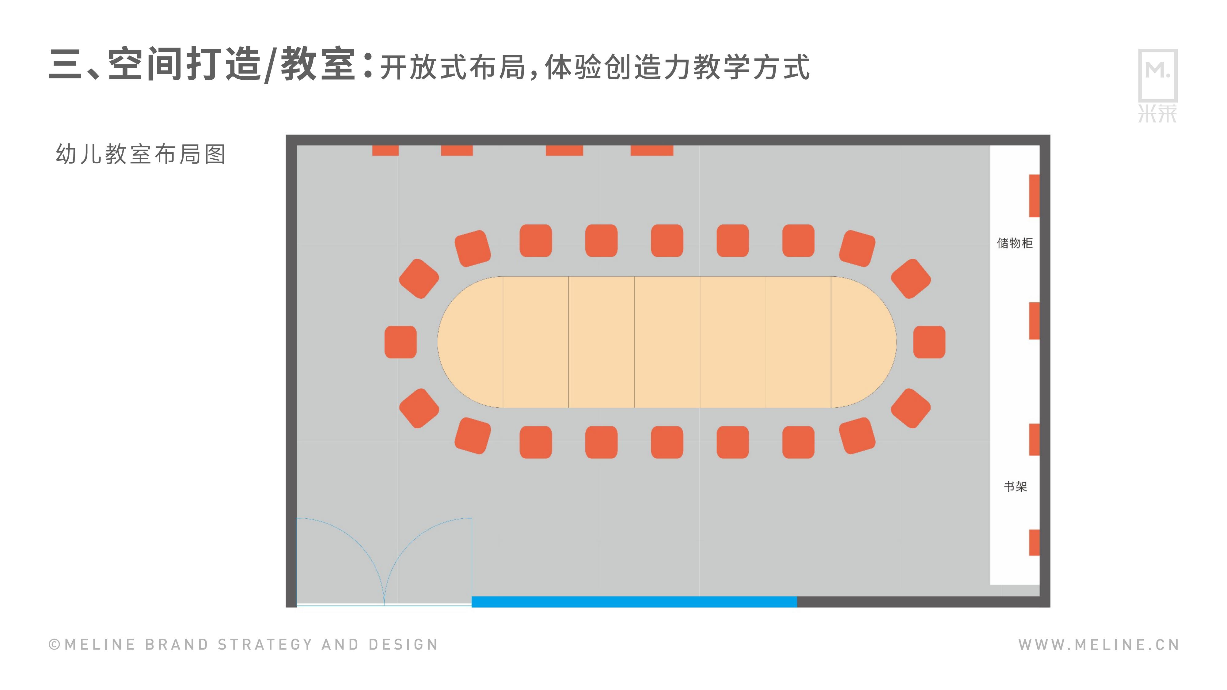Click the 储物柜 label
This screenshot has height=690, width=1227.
tap(1015, 243)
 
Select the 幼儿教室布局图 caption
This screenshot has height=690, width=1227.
tap(141, 154)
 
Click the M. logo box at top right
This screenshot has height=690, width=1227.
tap(1157, 75)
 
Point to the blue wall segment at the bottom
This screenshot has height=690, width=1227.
tap(634, 601)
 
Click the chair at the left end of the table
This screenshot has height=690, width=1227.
tap(401, 342)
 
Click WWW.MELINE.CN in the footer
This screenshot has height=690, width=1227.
tap(1098, 645)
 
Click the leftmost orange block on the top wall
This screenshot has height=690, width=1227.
tap(385, 150)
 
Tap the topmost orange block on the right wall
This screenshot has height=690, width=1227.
tap(1034, 196)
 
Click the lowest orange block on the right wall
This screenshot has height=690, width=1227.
tap(1034, 542)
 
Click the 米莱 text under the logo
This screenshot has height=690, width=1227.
tap(1157, 114)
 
